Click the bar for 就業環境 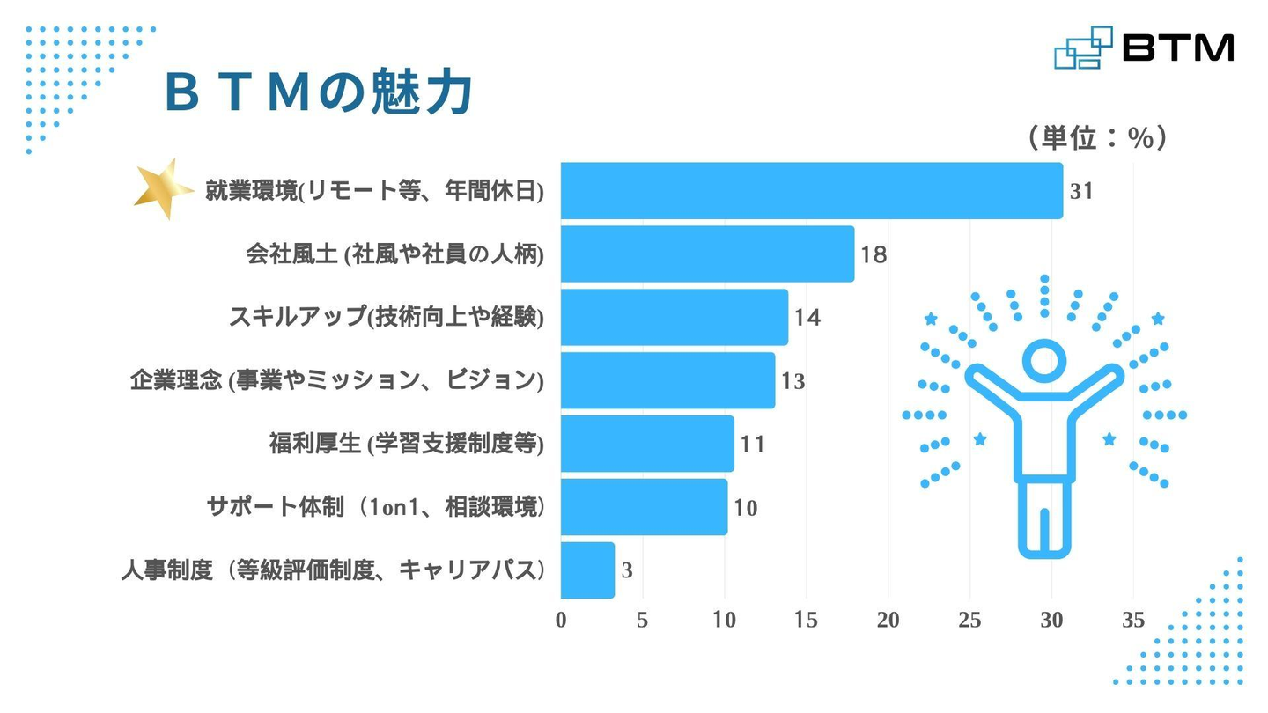[810, 191]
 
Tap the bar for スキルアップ [674, 318]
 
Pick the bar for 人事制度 [587, 570]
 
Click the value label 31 [1081, 191]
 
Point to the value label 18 [874, 255]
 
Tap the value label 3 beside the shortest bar [627, 571]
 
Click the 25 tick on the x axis [969, 621]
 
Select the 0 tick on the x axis [561, 621]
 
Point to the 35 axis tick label [1133, 621]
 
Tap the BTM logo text [1178, 48]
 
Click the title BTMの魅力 [319, 92]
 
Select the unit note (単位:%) [1097, 137]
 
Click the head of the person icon [1044, 361]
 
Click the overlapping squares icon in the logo [1082, 48]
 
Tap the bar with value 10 [644, 507]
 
